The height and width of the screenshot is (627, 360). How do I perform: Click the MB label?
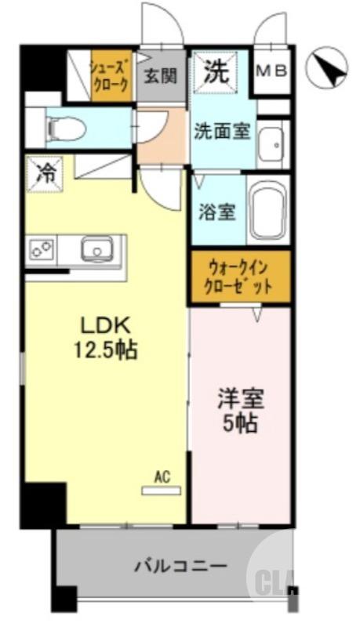pyautogui.click(x=273, y=71)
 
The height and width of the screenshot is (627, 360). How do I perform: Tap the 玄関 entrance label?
pyautogui.click(x=160, y=78)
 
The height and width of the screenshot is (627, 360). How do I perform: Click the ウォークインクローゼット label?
pyautogui.click(x=240, y=277)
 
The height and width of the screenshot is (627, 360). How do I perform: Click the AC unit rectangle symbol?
pyautogui.click(x=162, y=491)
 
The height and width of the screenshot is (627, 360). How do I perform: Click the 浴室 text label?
pyautogui.click(x=215, y=212)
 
